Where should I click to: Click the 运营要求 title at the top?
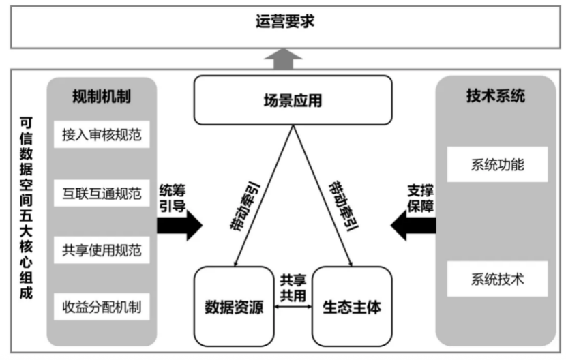pos(285,22)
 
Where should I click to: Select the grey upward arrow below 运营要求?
pos(283,59)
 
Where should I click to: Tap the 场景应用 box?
pos(293,100)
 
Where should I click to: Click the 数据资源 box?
pos(234,307)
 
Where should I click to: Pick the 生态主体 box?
pos(352,307)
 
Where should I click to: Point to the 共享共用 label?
pos(293,288)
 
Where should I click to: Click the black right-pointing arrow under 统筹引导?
pos(180,225)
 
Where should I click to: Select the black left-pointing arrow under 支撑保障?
pos(413,225)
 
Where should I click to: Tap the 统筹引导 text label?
pos(173,198)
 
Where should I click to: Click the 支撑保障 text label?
pos(421,198)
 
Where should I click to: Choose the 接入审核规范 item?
pos(102,134)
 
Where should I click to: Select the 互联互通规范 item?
pos(102,193)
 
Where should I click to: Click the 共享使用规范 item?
pos(102,250)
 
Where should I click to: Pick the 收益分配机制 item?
pos(102,307)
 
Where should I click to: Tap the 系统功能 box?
pos(497,164)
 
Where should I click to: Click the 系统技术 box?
pos(497,279)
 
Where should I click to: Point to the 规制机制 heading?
pos(102,96)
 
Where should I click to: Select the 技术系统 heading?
pos(496,95)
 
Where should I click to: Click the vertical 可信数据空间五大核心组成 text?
pos(26,208)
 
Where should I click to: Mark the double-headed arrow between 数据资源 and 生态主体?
pos(293,307)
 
